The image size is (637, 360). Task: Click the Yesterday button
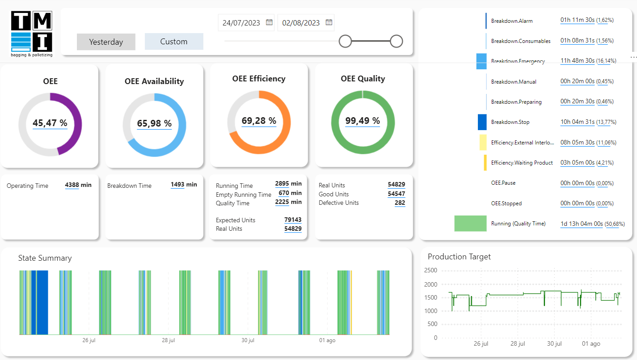click(x=106, y=42)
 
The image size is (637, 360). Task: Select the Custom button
click(x=174, y=42)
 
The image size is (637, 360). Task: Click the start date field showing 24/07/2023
click(x=241, y=23)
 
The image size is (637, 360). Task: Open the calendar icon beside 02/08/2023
click(x=329, y=22)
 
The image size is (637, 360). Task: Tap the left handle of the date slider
click(x=345, y=41)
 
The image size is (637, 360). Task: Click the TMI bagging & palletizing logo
click(x=32, y=34)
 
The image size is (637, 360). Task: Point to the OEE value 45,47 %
click(x=50, y=123)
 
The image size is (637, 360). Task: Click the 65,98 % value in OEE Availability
click(x=154, y=123)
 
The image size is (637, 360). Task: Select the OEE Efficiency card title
click(x=259, y=79)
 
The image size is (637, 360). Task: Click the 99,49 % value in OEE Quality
click(x=363, y=121)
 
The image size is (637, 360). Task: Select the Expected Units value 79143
click(x=293, y=220)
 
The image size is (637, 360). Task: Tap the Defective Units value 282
click(x=400, y=203)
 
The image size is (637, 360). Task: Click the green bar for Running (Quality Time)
click(x=470, y=223)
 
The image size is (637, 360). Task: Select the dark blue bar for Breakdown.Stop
click(x=482, y=122)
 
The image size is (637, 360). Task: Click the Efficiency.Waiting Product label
click(x=522, y=163)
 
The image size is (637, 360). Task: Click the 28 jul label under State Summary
click(x=168, y=340)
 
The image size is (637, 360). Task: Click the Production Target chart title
click(x=459, y=257)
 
